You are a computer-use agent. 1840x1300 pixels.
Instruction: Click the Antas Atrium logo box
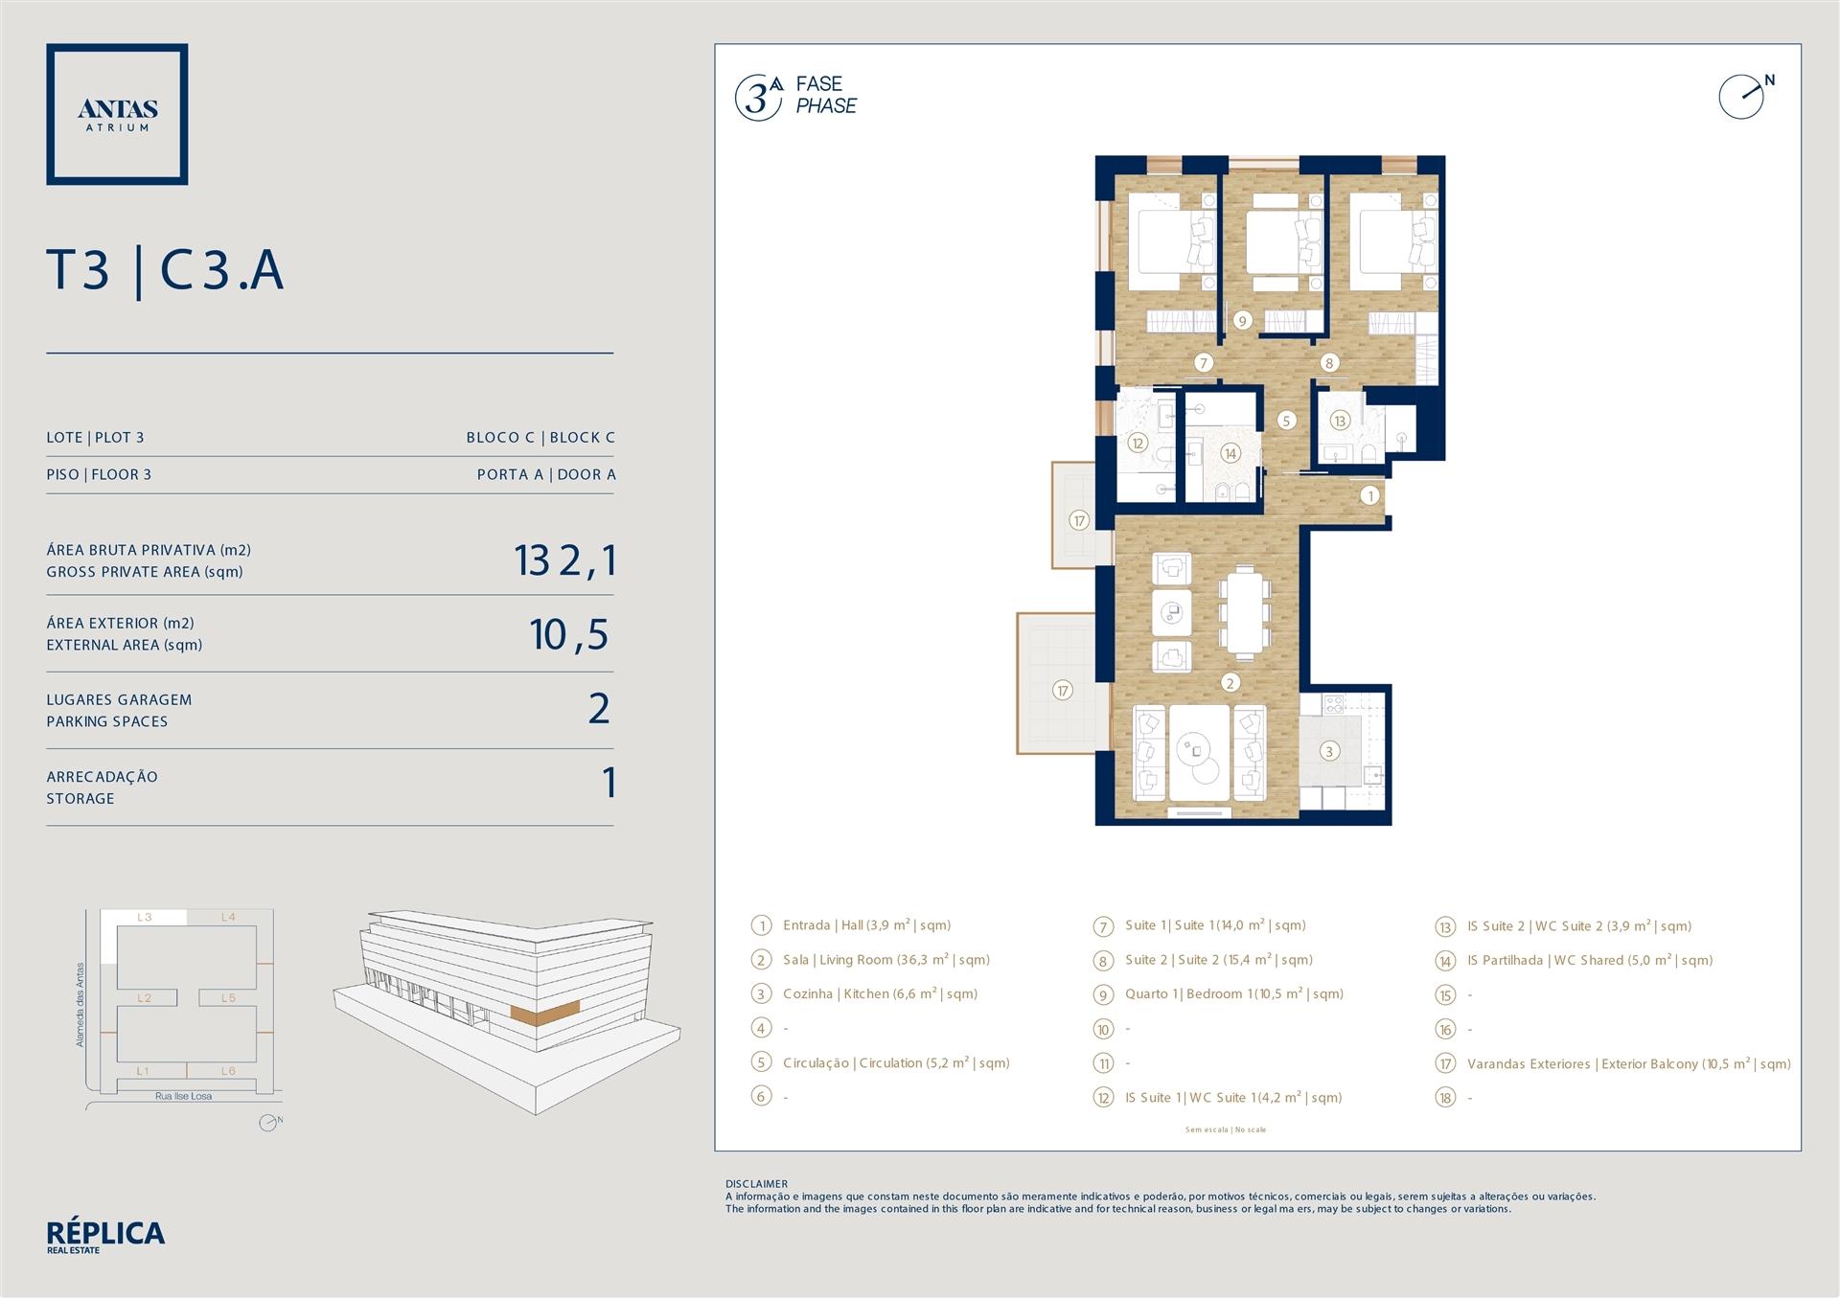(117, 114)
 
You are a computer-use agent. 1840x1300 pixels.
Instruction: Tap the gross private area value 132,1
(564, 560)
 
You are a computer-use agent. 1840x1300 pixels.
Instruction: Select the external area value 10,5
(570, 634)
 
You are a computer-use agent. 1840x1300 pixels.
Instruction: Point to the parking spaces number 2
(599, 708)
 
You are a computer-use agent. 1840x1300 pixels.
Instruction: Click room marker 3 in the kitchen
(1328, 751)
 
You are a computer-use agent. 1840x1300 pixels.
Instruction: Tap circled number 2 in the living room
(1230, 683)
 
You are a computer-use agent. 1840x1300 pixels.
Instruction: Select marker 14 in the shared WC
(1230, 453)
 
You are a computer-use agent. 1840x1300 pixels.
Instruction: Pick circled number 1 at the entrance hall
(1370, 495)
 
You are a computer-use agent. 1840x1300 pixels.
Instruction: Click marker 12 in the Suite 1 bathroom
(1138, 443)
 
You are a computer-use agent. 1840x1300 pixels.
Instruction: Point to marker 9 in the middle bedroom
(1243, 321)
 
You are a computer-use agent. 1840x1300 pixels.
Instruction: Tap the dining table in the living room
(1244, 611)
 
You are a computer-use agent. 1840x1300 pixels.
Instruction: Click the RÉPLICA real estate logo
(105, 1237)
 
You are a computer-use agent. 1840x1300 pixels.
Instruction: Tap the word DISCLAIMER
(757, 1184)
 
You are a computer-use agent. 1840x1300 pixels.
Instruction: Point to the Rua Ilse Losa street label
(184, 1096)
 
